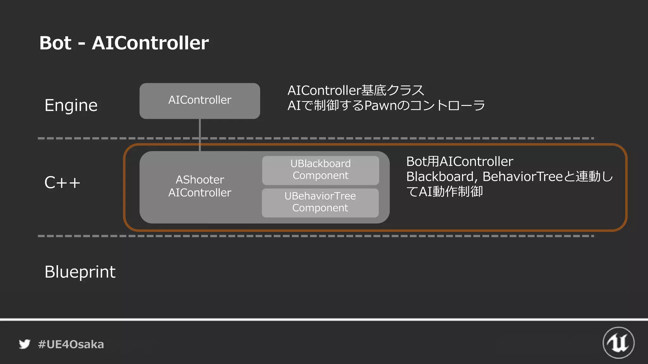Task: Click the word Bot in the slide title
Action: point(55,43)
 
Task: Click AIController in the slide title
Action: point(150,43)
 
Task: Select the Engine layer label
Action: point(71,106)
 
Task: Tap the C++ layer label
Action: point(62,183)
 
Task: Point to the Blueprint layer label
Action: point(80,272)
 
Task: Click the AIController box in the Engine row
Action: point(200,100)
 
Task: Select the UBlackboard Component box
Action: point(321,170)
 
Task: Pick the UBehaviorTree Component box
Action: point(320,203)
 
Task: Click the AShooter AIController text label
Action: point(200,186)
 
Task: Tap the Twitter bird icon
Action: point(24,344)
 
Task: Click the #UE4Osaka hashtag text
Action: point(71,344)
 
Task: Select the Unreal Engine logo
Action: point(618,343)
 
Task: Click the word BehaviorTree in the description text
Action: point(522,177)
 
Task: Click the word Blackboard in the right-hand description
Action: point(440,177)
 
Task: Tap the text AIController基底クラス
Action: point(356,91)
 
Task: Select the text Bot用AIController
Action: point(459,161)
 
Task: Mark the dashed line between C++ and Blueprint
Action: point(316,236)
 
